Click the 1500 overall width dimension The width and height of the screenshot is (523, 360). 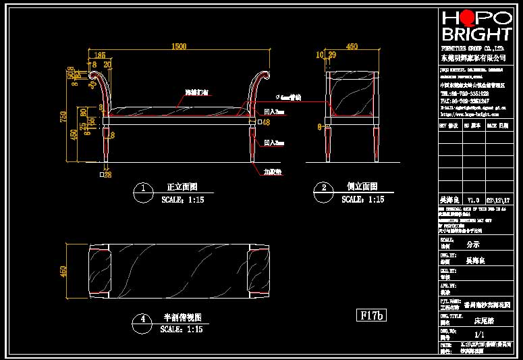[x=178, y=47]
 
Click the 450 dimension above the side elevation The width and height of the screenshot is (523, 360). [x=352, y=47]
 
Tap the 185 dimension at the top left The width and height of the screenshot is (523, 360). [x=99, y=55]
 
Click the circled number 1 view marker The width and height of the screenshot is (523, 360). [x=142, y=188]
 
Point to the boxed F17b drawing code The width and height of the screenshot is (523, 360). [x=370, y=315]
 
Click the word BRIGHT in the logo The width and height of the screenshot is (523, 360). [x=476, y=34]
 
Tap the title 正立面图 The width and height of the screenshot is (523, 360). [x=182, y=187]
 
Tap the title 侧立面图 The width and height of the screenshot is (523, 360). [x=362, y=187]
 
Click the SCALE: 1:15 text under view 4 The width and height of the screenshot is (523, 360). [x=182, y=330]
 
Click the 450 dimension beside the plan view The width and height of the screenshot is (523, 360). [x=65, y=272]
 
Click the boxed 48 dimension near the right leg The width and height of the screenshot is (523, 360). [x=265, y=122]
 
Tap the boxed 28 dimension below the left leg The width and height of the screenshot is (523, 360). [x=107, y=175]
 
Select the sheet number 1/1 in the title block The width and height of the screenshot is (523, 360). [x=480, y=334]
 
